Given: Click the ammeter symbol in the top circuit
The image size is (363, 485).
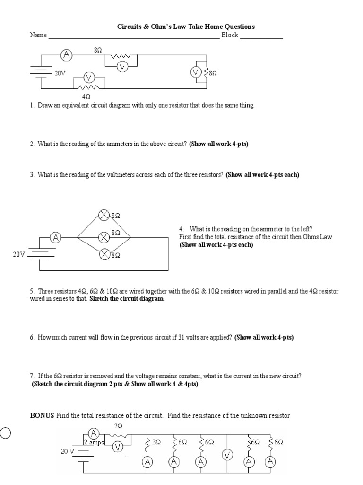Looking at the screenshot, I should pyautogui.click(x=67, y=55).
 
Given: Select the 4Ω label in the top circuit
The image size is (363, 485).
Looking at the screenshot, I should pyautogui.click(x=86, y=96).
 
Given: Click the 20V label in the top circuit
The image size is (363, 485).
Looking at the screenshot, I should pyautogui.click(x=60, y=74).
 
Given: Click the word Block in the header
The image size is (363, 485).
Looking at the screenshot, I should pyautogui.click(x=230, y=35).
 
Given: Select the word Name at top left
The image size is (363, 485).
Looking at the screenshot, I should pyautogui.click(x=38, y=35).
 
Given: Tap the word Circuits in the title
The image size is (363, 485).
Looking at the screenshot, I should pyautogui.click(x=130, y=27).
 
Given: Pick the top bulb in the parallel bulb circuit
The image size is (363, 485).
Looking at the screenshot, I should pyautogui.click(x=104, y=216).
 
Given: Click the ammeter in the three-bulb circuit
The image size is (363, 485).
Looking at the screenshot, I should pyautogui.click(x=56, y=237).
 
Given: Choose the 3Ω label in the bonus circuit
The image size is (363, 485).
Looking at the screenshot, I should pyautogui.click(x=156, y=441).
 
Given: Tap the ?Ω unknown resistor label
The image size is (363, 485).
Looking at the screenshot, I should pyautogui.click(x=118, y=426).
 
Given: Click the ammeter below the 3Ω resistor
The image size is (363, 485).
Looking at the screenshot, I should pyautogui.click(x=148, y=461).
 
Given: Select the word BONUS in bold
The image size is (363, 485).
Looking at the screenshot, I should pyautogui.click(x=43, y=416).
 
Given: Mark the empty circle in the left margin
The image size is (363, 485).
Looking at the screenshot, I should pyautogui.click(x=5, y=433).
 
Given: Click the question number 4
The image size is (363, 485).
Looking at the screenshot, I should pyautogui.click(x=181, y=229).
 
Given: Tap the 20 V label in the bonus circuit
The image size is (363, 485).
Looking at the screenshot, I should pyautogui.click(x=68, y=451).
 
